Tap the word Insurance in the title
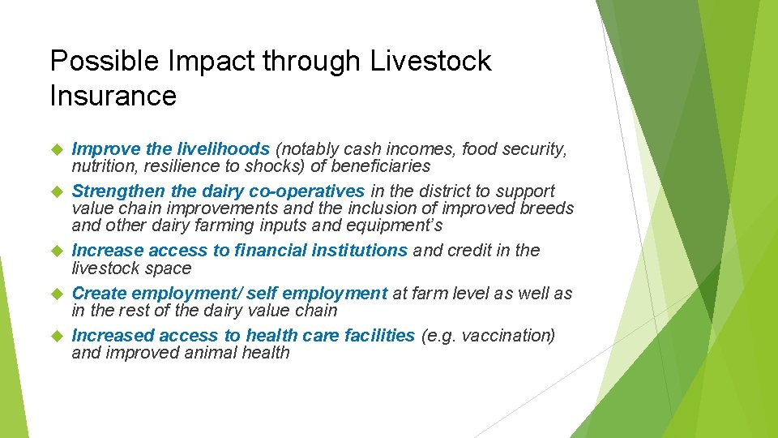point(113,96)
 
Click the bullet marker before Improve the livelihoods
point(57,149)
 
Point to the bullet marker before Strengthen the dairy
point(57,191)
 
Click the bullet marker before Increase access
point(57,251)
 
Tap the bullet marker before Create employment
point(57,293)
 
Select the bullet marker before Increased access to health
point(57,335)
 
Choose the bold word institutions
point(357,251)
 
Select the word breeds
point(546,208)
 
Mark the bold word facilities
point(378,335)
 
